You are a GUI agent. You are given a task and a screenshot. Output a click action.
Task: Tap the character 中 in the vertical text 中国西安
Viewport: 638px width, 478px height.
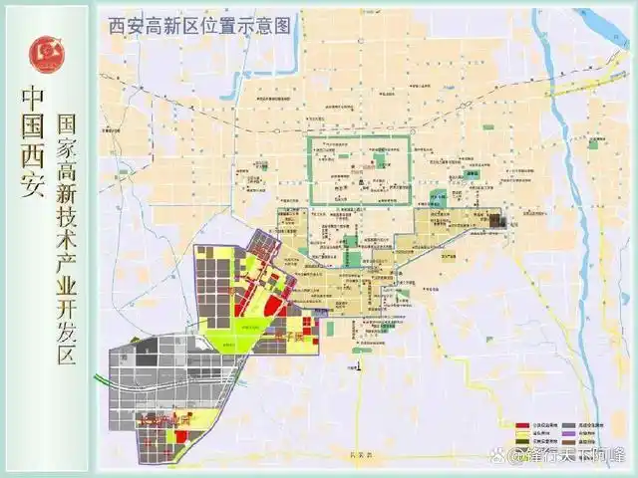point(34,102)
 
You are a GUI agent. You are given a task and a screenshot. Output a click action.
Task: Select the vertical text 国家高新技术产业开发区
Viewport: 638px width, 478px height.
point(68,239)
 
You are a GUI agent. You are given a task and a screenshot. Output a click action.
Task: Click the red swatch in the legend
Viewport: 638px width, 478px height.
point(522,423)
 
